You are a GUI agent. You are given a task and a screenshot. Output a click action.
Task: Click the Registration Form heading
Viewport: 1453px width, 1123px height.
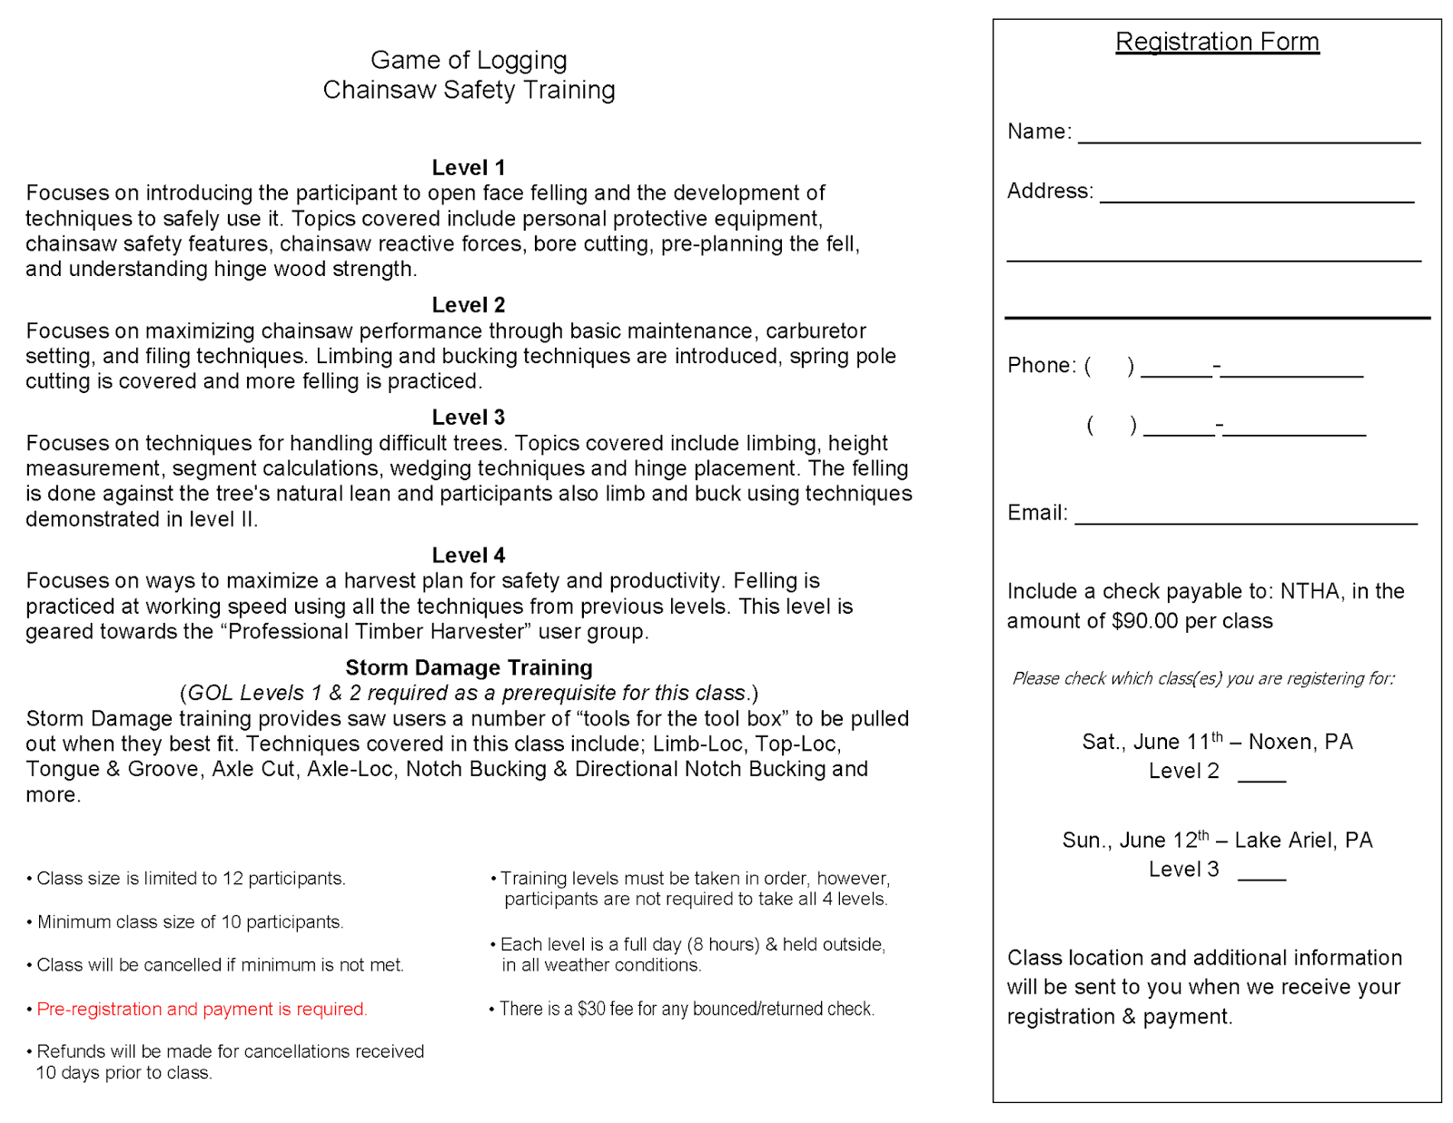tap(1216, 42)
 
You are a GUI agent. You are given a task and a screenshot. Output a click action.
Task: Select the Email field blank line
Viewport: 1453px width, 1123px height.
tap(1245, 519)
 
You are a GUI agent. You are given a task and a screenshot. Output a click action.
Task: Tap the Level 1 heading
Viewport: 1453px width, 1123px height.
tap(468, 168)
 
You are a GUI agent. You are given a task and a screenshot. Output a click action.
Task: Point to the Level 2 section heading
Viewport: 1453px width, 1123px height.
tap(468, 305)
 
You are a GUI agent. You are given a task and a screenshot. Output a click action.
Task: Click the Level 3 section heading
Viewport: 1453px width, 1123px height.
tap(468, 418)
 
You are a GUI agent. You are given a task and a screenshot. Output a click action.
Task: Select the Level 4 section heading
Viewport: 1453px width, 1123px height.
tap(468, 556)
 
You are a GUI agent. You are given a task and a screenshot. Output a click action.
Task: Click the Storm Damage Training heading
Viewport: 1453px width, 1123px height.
tap(469, 668)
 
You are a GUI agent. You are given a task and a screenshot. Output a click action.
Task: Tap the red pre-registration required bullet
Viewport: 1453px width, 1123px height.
tap(202, 1009)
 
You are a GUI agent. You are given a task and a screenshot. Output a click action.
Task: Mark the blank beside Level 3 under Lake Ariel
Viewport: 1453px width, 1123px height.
tap(1261, 874)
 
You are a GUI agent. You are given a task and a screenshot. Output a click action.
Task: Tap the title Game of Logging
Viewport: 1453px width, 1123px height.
tap(469, 60)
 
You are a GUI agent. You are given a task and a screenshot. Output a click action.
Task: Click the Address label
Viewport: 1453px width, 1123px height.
tap(1049, 191)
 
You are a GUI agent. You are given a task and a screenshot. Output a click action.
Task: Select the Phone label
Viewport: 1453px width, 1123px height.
tap(1041, 365)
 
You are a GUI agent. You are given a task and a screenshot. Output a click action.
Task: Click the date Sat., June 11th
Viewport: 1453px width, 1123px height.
tap(1152, 742)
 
